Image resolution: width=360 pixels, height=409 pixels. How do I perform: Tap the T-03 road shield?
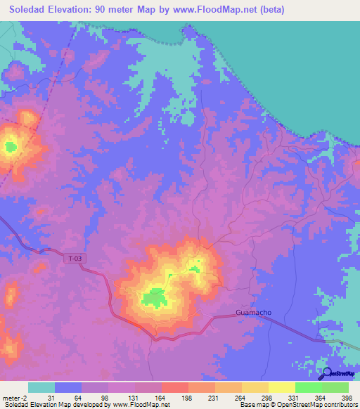click(76, 259)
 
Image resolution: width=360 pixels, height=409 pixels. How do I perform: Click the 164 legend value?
click(161, 398)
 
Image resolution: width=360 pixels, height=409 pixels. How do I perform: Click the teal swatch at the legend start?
click(41, 387)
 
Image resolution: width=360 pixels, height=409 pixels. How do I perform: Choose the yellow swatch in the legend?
click(281, 387)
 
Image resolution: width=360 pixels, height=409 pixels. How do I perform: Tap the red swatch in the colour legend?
click(174, 387)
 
